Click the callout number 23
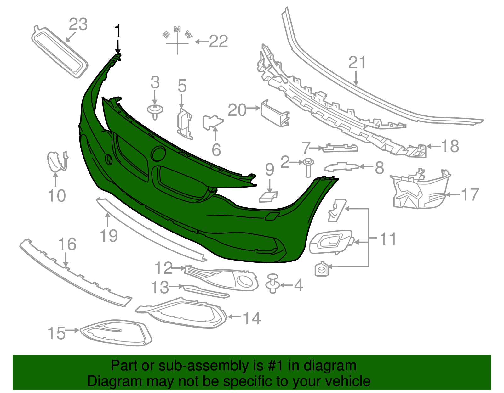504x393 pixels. pos(78,24)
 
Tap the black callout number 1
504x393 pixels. pos(118,31)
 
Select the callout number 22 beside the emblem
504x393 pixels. pos(219,42)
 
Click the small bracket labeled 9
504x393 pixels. pos(268,197)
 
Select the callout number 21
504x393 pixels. pos(357,62)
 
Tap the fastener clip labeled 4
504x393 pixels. pos(273,284)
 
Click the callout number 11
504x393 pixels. pos(388,239)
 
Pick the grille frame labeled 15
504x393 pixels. pos(116,333)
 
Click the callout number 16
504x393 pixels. pos(67,244)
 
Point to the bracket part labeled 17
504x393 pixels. pos(420,189)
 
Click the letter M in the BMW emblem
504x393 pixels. pos(177,29)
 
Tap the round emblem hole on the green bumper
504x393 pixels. pos(158,154)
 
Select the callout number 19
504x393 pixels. pos(109,236)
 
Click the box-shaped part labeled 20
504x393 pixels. pos(275,113)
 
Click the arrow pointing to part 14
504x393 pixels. pos(234,317)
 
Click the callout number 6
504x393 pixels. pos(216,150)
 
